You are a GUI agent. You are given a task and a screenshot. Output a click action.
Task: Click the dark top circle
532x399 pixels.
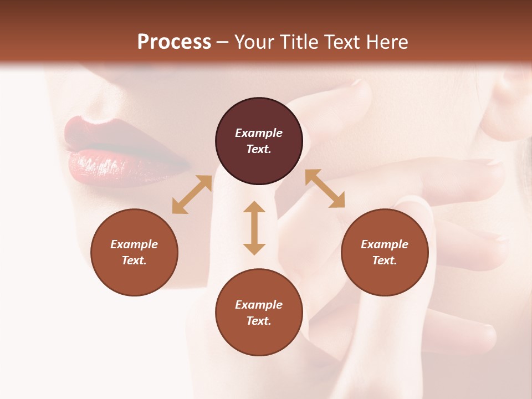[259, 141]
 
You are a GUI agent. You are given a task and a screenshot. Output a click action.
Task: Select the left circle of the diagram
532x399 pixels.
[134, 252]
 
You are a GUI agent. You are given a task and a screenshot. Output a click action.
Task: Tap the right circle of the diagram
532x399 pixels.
[385, 252]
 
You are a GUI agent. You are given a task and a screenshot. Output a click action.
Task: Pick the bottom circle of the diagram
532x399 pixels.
[259, 313]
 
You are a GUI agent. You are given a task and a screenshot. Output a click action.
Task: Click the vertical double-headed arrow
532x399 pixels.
[254, 228]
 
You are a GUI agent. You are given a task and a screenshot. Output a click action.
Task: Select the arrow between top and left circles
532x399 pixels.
[192, 195]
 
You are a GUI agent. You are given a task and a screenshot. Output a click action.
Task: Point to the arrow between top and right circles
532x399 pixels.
[325, 188]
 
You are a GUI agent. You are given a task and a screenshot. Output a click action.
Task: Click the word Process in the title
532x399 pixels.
[174, 42]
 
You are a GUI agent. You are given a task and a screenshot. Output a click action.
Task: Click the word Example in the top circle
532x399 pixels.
[259, 133]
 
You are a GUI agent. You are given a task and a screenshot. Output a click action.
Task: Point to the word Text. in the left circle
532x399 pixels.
[134, 260]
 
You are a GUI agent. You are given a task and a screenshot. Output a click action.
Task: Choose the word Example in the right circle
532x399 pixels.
[385, 244]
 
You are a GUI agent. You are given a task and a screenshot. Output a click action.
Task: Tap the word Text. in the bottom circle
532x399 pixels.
[259, 321]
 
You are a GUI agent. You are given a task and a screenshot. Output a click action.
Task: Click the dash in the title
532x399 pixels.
[223, 42]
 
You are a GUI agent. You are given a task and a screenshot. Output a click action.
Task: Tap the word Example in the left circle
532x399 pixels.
[134, 244]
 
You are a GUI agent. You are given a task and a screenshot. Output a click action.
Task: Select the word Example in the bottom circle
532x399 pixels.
[259, 305]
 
